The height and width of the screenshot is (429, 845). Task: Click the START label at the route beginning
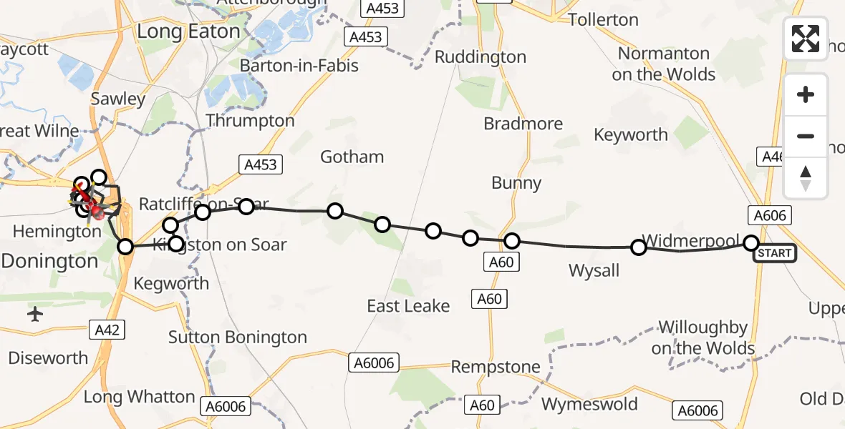[x=775, y=253]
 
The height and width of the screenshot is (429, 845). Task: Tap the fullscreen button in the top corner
[x=806, y=39]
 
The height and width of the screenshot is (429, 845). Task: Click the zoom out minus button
[x=806, y=136]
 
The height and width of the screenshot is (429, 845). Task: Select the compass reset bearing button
[x=806, y=178]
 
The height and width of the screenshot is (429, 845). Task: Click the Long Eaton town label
[x=188, y=31]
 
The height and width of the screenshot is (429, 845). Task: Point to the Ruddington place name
[x=481, y=57]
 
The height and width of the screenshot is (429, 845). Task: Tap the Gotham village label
[x=352, y=157]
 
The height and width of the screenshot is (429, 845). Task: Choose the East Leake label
[x=408, y=306]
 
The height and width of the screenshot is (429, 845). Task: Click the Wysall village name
[x=594, y=270]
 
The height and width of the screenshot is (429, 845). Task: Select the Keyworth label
[x=631, y=134]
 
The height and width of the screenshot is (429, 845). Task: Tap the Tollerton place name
[x=603, y=19]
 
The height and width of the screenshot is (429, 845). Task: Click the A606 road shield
[x=771, y=215]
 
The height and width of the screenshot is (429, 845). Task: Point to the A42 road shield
[x=107, y=330]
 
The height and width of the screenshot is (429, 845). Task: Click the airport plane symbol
[x=35, y=314]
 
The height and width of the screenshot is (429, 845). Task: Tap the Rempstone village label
[x=496, y=367]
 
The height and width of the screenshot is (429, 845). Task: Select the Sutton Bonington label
[x=238, y=337]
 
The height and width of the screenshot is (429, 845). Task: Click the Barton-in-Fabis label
[x=299, y=66]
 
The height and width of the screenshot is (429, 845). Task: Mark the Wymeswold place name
[x=589, y=404]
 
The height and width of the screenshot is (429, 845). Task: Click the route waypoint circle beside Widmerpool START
[x=751, y=243]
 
